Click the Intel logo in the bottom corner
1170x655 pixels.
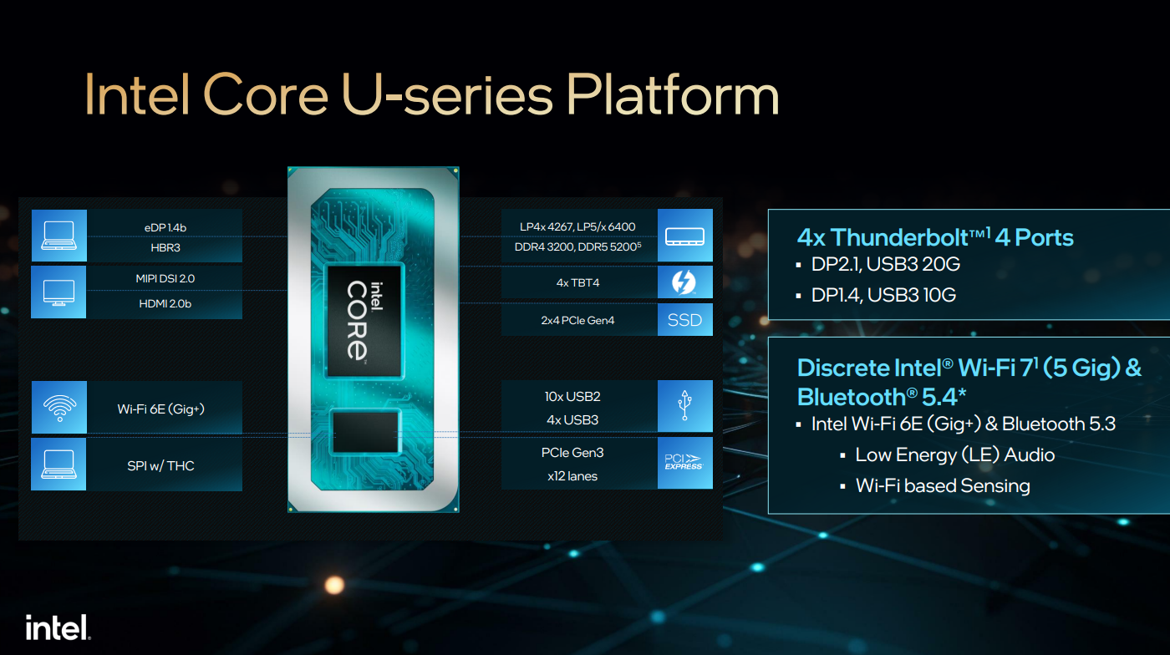pos(58,627)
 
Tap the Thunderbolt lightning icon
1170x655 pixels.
pos(684,283)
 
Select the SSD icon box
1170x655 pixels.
pos(684,320)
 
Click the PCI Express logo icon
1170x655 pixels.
pos(684,463)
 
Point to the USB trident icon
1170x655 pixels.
pos(684,407)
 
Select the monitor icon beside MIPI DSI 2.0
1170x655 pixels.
pos(59,292)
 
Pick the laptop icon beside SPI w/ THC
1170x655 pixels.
pos(59,465)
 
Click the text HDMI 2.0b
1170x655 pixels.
pos(165,303)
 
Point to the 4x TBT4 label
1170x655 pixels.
pos(577,283)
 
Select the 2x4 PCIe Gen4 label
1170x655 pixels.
pos(577,320)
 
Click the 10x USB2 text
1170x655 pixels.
pos(572,396)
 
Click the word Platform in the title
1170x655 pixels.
pos(672,95)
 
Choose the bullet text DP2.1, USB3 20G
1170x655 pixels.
pos(885,264)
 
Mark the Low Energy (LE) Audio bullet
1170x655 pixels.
pos(954,454)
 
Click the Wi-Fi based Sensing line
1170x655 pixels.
pos(943,485)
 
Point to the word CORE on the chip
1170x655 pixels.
pos(357,320)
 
